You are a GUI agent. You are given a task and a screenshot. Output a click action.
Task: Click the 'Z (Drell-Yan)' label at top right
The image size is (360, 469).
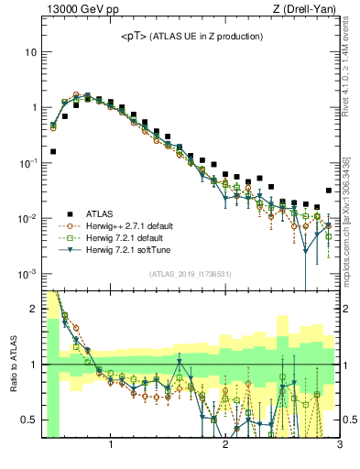(x=309, y=9)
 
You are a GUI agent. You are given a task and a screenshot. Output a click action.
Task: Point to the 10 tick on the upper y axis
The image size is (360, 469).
(x=30, y=52)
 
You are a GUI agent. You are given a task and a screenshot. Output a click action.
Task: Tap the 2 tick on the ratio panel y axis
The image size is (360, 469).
(x=32, y=309)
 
